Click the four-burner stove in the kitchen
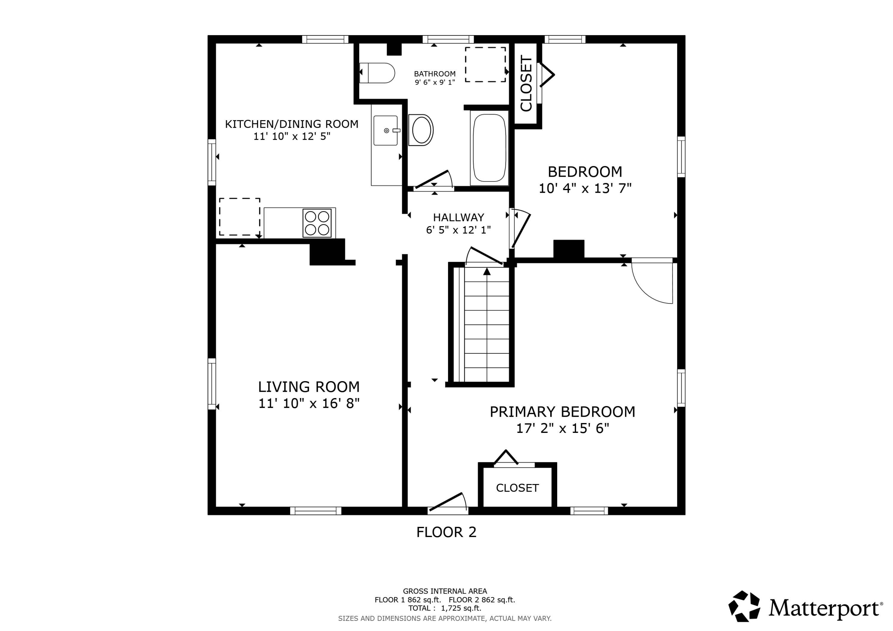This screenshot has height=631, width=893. click(317, 223)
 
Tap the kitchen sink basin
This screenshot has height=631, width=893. click(385, 130)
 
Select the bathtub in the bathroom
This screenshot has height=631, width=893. click(489, 148)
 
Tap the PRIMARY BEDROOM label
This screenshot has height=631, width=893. click(562, 412)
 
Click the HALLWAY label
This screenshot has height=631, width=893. click(459, 217)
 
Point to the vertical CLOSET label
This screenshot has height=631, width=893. click(526, 84)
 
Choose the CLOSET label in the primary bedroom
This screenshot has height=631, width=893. click(517, 488)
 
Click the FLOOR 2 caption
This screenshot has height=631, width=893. click(447, 532)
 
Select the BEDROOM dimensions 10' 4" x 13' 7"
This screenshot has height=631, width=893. click(585, 189)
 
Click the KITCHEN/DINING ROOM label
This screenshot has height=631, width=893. click(292, 124)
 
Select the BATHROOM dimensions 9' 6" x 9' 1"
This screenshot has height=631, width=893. click(435, 82)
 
